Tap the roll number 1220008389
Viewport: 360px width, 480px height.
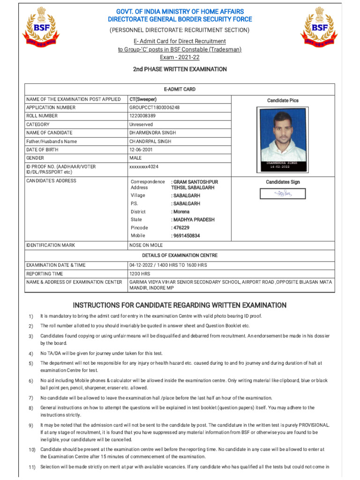point(142,116)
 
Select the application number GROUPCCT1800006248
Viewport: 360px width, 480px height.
point(154,107)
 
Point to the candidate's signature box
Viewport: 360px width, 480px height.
point(283,194)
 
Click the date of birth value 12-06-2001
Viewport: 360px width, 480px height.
point(141,150)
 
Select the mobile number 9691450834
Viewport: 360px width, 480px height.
point(186,236)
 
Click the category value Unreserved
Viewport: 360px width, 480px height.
point(141,124)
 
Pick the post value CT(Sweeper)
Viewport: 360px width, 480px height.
point(143,99)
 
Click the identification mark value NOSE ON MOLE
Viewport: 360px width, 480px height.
point(146,245)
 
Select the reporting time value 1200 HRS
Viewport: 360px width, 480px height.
point(140,274)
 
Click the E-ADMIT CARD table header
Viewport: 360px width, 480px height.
point(180,89)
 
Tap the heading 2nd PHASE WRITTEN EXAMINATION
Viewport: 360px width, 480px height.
point(180,69)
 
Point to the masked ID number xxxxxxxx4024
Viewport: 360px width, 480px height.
point(143,166)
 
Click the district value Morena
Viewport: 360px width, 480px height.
point(180,212)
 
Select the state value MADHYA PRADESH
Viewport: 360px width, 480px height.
point(193,220)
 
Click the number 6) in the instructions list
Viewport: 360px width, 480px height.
point(31,381)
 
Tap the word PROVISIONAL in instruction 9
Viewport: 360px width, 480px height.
point(313,425)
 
